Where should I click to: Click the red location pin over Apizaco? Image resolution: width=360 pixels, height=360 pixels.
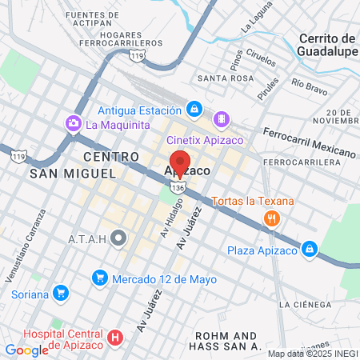tap(180, 163)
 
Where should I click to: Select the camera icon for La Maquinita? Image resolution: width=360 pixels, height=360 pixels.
tap(74, 124)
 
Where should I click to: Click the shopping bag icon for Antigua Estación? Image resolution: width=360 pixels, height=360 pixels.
tap(194, 108)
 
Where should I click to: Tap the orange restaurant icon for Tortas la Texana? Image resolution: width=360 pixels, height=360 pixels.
tap(272, 218)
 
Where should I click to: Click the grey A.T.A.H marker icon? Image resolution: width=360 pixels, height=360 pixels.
tap(119, 238)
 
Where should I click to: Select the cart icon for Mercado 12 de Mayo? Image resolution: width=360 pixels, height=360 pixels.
tap(99, 278)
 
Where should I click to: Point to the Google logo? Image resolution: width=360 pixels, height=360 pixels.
tap(26, 350)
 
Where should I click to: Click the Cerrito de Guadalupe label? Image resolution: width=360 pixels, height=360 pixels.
tap(326, 45)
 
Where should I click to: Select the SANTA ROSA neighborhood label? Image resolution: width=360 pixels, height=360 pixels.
tap(226, 78)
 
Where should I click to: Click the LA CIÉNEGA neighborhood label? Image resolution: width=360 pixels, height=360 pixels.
tap(304, 305)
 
